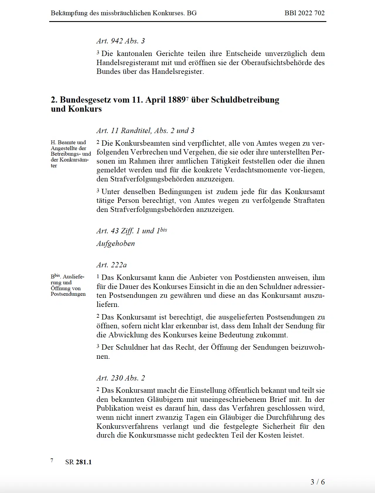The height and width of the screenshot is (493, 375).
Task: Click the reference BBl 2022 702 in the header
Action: (304, 13)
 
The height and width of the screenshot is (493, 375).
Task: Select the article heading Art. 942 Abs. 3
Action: (121, 41)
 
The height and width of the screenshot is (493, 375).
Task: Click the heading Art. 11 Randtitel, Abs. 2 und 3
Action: (145, 131)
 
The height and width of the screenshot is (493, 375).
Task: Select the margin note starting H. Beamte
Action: (70, 154)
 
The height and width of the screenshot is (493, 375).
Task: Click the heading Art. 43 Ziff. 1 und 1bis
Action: (132, 231)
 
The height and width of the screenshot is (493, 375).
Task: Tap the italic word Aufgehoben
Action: (116, 244)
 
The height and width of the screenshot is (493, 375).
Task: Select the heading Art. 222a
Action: (112, 265)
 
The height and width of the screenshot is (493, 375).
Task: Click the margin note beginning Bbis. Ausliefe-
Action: (68, 285)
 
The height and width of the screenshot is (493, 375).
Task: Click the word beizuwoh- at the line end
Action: (308, 348)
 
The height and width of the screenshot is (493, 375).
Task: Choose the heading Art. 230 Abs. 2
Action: (121, 378)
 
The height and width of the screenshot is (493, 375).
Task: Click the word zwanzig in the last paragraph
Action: (162, 417)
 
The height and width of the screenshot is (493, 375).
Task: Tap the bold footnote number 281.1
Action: (84, 462)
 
